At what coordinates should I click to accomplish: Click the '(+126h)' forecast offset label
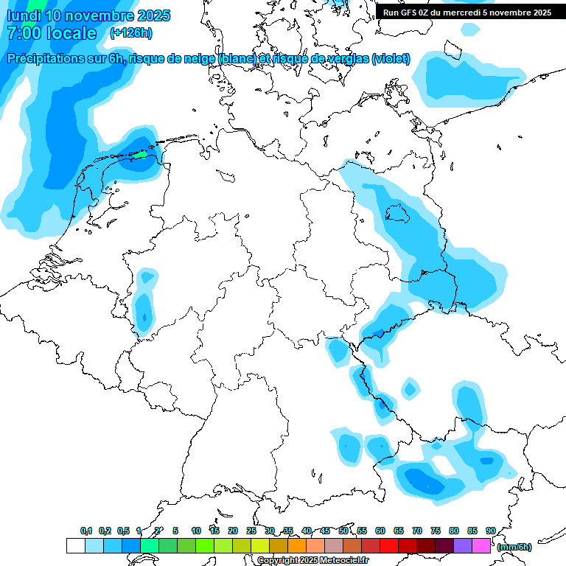(131, 33)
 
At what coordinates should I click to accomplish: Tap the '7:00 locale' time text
(52, 33)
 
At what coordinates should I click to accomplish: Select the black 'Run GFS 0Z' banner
(467, 12)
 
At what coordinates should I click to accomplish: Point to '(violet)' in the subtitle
(391, 59)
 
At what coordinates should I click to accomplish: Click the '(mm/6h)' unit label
(514, 547)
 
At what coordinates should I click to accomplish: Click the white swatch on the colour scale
(75, 546)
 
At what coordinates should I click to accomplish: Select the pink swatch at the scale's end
(481, 546)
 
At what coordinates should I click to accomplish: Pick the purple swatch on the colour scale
(463, 546)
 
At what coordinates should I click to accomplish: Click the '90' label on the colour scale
(490, 531)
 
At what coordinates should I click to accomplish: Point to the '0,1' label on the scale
(86, 531)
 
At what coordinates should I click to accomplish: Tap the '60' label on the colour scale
(380, 531)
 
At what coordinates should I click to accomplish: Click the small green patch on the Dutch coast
(139, 155)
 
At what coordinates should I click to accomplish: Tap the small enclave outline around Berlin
(397, 213)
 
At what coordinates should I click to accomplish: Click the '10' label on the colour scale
(196, 531)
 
